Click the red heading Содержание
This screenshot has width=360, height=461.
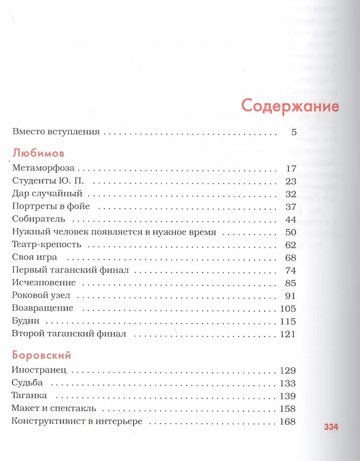(290, 106)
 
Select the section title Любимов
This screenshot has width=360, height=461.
(37, 151)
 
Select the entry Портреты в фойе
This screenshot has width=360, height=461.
(50, 207)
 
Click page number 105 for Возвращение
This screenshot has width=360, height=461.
(287, 308)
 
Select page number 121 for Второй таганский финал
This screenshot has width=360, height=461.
(287, 334)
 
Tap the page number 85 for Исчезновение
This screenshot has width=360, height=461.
(290, 283)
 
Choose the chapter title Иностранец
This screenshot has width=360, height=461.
(39, 371)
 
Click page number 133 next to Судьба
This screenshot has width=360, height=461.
(287, 383)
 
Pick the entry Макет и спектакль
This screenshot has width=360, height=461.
(53, 409)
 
